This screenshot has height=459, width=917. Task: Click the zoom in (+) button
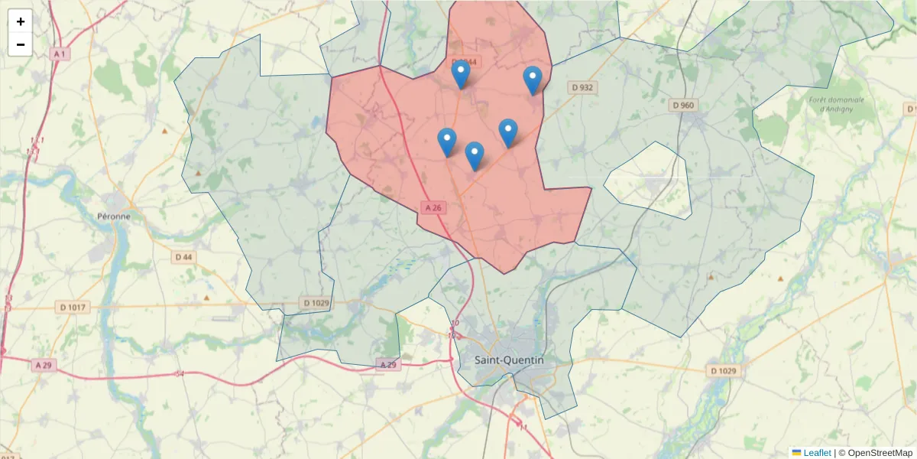tap(20, 21)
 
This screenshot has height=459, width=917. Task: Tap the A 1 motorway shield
tap(60, 54)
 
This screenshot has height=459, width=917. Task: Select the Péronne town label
tap(114, 216)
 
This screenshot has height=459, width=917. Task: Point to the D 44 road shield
tap(183, 257)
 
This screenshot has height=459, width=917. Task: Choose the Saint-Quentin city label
tap(509, 360)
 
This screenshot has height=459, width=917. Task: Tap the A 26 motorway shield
tap(433, 207)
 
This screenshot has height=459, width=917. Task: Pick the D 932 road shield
tap(582, 88)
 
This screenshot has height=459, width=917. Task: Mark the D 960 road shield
tap(682, 105)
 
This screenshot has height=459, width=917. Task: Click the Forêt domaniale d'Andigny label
tap(836, 104)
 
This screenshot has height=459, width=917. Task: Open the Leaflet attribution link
tap(816, 453)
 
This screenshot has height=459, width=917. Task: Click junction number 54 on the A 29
tap(180, 373)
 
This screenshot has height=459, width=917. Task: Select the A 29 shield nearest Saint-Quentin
tap(388, 365)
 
